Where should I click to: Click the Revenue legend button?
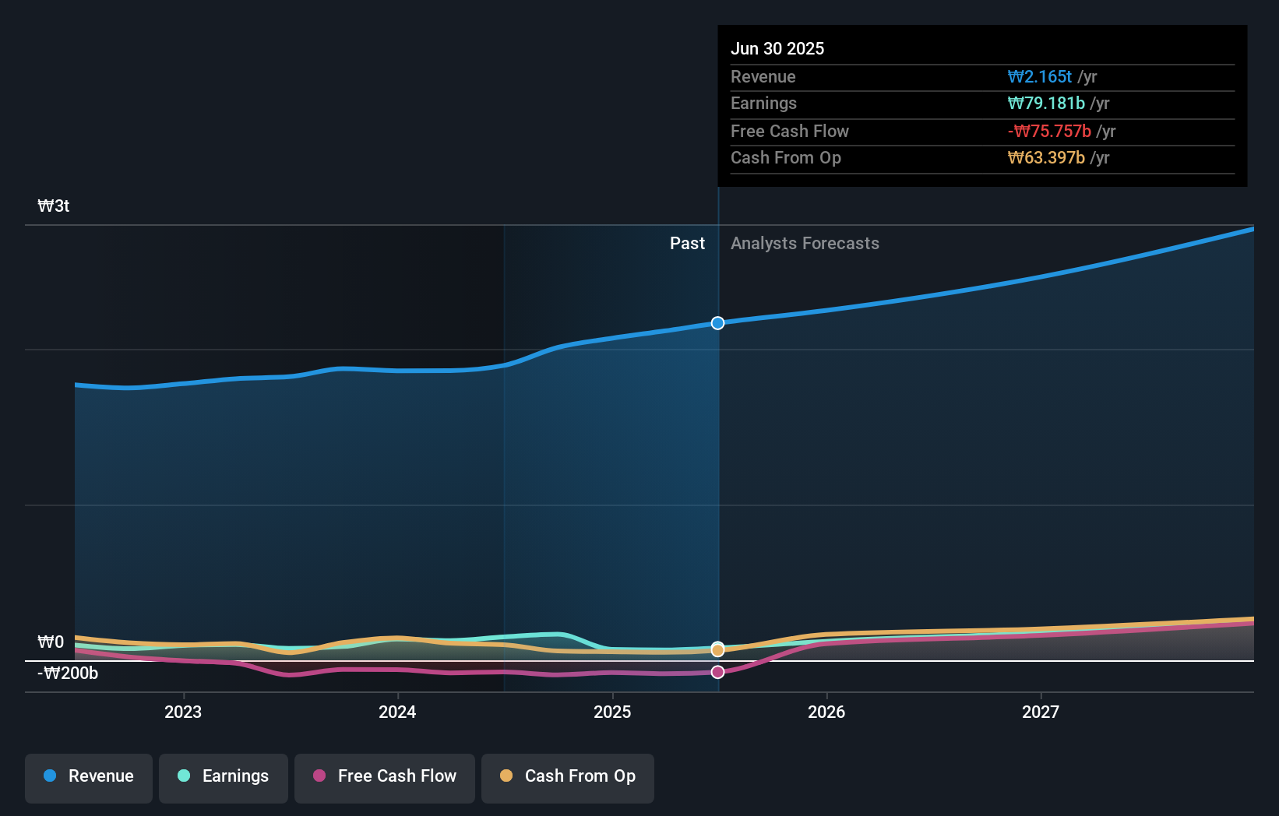tap(89, 776)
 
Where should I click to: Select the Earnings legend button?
tap(224, 776)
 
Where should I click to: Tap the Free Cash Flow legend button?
tap(385, 776)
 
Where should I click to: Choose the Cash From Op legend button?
tap(568, 776)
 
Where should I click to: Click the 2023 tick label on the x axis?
tap(183, 712)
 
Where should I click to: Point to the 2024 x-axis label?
tap(397, 712)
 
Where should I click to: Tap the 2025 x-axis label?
tap(612, 712)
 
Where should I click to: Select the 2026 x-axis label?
tap(826, 712)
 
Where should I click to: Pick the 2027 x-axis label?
tap(1041, 712)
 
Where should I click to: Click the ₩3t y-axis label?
tap(54, 206)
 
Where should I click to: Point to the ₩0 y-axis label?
tap(51, 642)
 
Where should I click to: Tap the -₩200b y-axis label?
tap(68, 674)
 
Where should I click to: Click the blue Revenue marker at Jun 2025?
tap(717, 323)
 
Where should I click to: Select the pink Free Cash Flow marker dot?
tap(717, 672)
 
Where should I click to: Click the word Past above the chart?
tap(687, 244)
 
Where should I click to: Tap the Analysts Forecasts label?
tap(805, 244)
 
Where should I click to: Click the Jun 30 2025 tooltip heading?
tap(777, 49)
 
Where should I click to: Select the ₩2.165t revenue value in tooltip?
tap(1040, 77)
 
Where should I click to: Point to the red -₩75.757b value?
tap(1049, 132)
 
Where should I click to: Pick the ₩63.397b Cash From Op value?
tap(1046, 158)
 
